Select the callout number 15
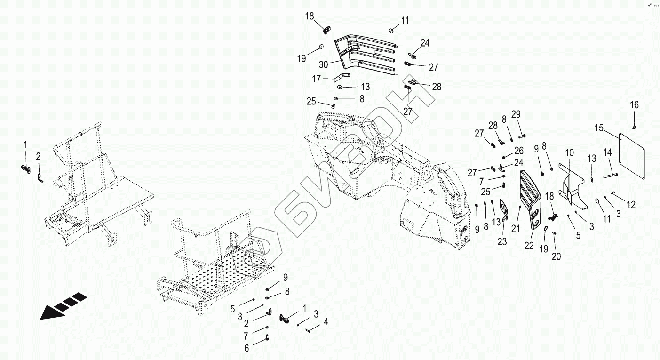(x=599, y=128)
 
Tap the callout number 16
(x=634, y=104)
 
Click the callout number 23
(x=502, y=242)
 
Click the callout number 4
(x=326, y=322)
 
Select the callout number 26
(x=518, y=151)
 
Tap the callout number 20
(x=556, y=257)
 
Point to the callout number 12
(x=631, y=205)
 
